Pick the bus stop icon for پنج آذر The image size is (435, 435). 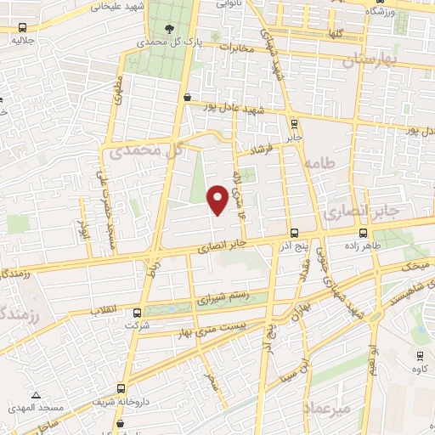(294, 233)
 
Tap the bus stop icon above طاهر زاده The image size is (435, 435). (364, 232)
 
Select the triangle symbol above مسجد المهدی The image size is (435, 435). (36, 395)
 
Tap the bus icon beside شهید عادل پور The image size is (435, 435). (187, 98)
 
